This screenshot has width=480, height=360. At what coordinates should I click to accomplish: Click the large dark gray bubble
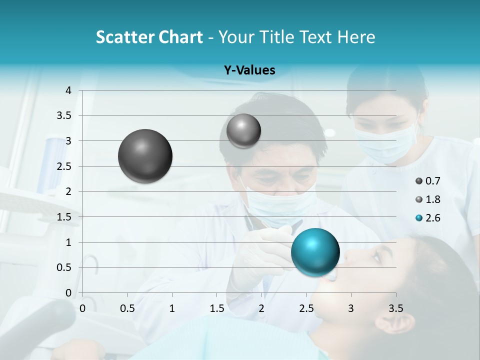[145, 156]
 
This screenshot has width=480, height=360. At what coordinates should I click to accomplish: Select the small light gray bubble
[243, 130]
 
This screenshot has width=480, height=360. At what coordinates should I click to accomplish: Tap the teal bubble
[315, 251]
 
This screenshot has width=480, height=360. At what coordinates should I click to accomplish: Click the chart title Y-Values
[249, 70]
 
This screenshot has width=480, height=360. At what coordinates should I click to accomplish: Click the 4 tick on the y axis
[68, 90]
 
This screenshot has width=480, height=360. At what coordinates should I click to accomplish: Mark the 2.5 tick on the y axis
[64, 166]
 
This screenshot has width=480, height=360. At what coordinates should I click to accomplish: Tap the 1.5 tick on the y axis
[64, 217]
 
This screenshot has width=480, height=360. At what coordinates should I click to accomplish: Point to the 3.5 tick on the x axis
[395, 308]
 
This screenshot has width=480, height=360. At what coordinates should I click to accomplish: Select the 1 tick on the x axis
[172, 308]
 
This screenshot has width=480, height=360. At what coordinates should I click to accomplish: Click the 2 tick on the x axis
[261, 308]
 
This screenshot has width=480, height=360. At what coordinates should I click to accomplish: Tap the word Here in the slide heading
[356, 37]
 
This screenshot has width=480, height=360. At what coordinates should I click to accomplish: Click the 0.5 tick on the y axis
[64, 267]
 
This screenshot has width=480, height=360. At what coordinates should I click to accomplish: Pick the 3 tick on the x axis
[351, 308]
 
